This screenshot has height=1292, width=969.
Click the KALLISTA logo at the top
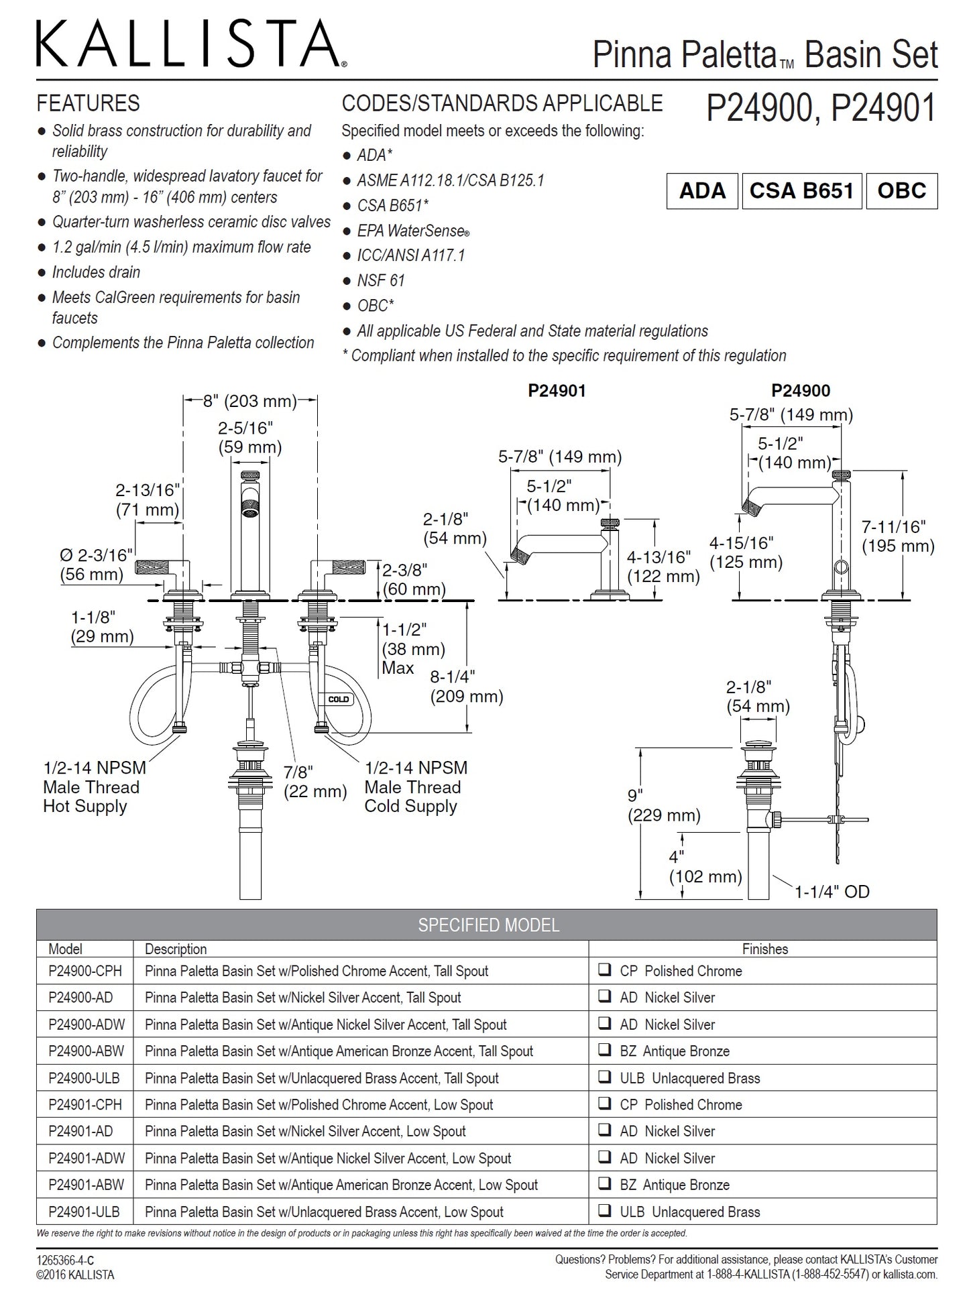(x=191, y=43)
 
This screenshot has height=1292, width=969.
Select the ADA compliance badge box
(x=702, y=191)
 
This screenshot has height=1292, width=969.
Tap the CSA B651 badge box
(x=801, y=191)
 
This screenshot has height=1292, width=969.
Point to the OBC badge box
(x=901, y=191)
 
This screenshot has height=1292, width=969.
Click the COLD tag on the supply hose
(x=338, y=699)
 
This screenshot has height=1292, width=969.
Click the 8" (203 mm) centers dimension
(x=250, y=402)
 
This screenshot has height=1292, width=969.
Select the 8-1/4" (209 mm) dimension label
(x=467, y=687)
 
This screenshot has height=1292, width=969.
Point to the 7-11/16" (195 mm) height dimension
(x=898, y=536)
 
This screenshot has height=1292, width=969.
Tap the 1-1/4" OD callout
(x=832, y=892)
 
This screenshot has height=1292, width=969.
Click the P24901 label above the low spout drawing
(x=557, y=391)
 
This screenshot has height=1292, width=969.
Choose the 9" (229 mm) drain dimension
(x=664, y=805)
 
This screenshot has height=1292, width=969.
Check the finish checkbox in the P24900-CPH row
(x=605, y=970)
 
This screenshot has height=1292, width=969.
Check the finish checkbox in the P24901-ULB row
(x=605, y=1210)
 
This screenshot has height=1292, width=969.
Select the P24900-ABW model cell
(x=86, y=1051)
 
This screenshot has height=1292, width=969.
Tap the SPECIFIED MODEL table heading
(x=488, y=925)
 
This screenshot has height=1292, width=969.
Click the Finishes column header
(x=764, y=949)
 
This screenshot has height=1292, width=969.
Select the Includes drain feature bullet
(x=96, y=272)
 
